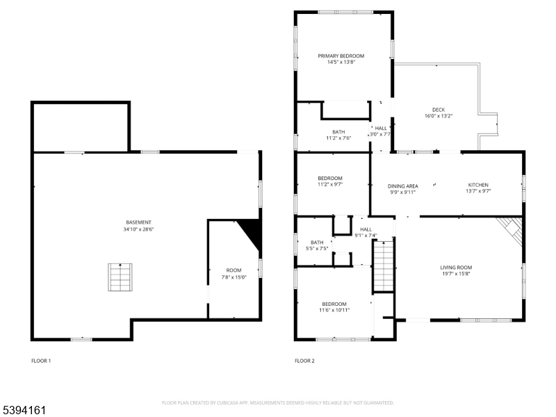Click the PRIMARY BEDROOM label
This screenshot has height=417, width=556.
(341, 56)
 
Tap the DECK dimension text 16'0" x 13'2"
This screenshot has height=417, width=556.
(438, 116)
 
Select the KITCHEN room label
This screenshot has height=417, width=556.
(477, 185)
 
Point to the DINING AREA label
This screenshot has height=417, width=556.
(402, 186)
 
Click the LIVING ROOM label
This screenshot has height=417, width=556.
(456, 267)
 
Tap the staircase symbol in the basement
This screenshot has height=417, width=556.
(120, 277)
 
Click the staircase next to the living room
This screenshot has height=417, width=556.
(384, 264)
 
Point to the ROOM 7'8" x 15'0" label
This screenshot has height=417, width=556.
(234, 273)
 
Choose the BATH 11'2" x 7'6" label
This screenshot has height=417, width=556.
(338, 135)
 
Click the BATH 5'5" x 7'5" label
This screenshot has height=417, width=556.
(317, 245)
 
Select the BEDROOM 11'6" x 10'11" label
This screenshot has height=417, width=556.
(334, 306)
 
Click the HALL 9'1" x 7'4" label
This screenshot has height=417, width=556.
(366, 232)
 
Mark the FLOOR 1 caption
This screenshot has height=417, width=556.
(41, 361)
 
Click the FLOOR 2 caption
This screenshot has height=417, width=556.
(304, 361)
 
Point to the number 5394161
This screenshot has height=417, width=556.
(24, 411)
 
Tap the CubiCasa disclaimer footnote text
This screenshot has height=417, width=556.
(278, 402)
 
